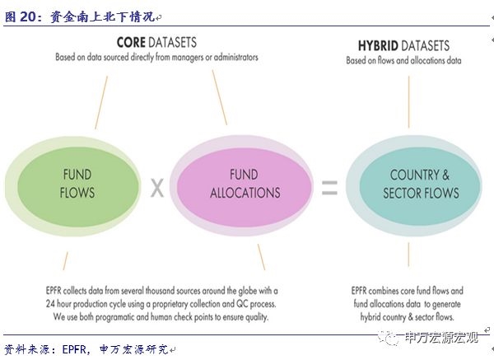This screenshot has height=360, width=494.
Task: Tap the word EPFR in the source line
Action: coord(75,349)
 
